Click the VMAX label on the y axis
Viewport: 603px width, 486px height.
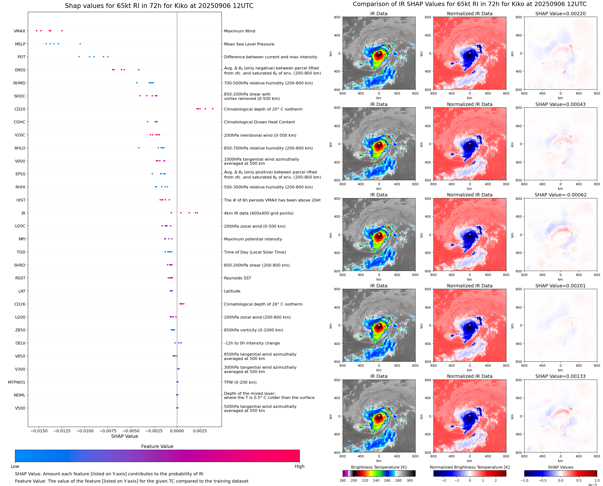(x=19, y=31)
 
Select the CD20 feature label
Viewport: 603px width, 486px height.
(x=20, y=109)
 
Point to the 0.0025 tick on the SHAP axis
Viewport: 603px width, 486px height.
(x=200, y=431)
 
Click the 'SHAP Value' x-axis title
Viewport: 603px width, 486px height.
(x=124, y=436)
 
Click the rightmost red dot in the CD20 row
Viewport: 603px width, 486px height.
(x=213, y=109)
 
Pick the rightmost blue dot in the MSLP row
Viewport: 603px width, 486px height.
(x=80, y=44)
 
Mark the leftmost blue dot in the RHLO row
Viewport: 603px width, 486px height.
(x=139, y=148)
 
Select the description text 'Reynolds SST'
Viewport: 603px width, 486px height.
(x=237, y=278)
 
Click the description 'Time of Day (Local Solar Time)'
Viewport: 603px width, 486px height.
(x=255, y=252)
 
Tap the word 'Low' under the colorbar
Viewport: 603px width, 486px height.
(x=15, y=466)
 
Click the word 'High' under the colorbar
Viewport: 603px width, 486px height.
(x=299, y=466)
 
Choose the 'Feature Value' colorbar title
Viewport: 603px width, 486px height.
(x=157, y=447)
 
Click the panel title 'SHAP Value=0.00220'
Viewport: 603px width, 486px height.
(x=560, y=14)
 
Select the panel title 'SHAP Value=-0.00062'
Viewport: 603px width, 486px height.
(x=560, y=195)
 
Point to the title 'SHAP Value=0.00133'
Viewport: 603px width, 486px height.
(x=560, y=376)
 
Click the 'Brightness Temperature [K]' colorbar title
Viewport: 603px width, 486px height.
(x=379, y=467)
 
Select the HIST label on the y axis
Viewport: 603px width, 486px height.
(x=21, y=200)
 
